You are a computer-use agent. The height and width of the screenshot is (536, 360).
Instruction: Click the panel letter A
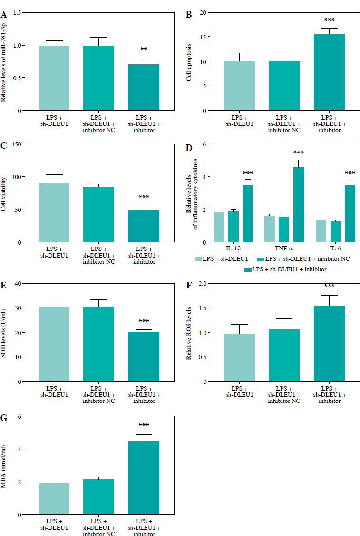[x=4, y=14]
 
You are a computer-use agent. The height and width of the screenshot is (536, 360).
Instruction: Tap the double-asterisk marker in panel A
[x=144, y=49]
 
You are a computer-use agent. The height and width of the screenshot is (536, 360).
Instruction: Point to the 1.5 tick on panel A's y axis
[x=18, y=12]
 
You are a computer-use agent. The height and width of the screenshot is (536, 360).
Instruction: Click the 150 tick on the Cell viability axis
[x=17, y=144]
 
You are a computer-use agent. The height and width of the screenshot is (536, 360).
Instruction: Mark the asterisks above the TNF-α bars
[x=298, y=153]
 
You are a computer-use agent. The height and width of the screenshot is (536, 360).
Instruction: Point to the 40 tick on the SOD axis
[x=18, y=284]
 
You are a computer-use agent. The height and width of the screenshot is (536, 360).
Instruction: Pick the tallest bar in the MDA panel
[x=144, y=478]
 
